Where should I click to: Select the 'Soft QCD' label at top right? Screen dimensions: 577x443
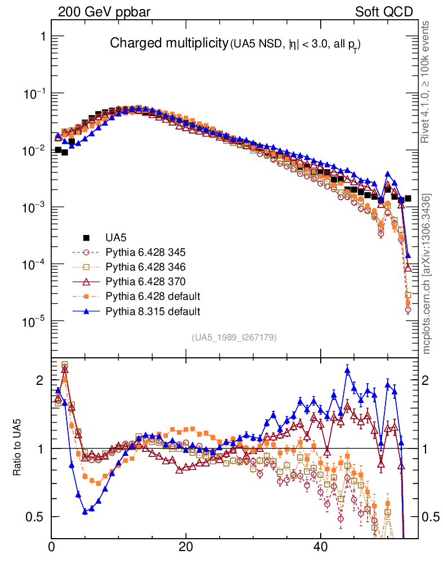click(x=384, y=12)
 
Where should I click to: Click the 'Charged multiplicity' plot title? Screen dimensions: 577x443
click(x=168, y=43)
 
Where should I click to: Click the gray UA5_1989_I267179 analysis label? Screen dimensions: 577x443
click(x=234, y=338)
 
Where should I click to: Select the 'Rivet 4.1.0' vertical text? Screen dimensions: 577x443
click(x=426, y=82)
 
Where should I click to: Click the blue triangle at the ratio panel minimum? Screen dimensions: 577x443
click(x=85, y=512)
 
